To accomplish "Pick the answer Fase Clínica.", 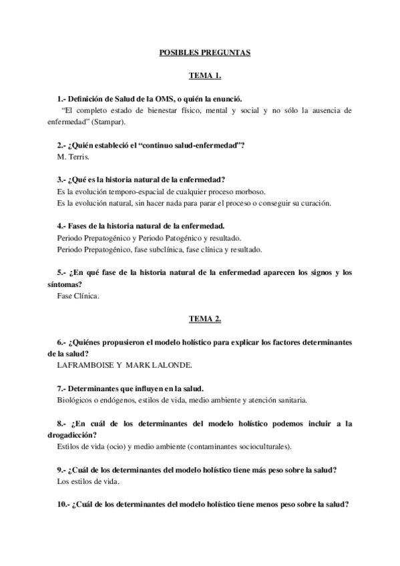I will (x=79, y=296).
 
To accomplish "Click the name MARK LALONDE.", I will (x=160, y=365).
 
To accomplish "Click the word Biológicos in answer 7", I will (x=75, y=400).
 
